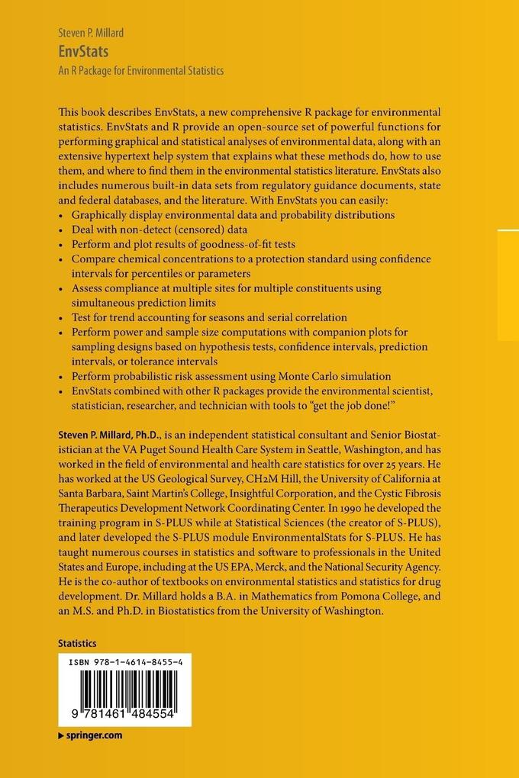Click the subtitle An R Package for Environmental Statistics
coord(140,71)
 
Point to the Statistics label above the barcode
coord(77,644)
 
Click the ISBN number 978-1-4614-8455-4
coord(125,664)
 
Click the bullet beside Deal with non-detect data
coord(61,230)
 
